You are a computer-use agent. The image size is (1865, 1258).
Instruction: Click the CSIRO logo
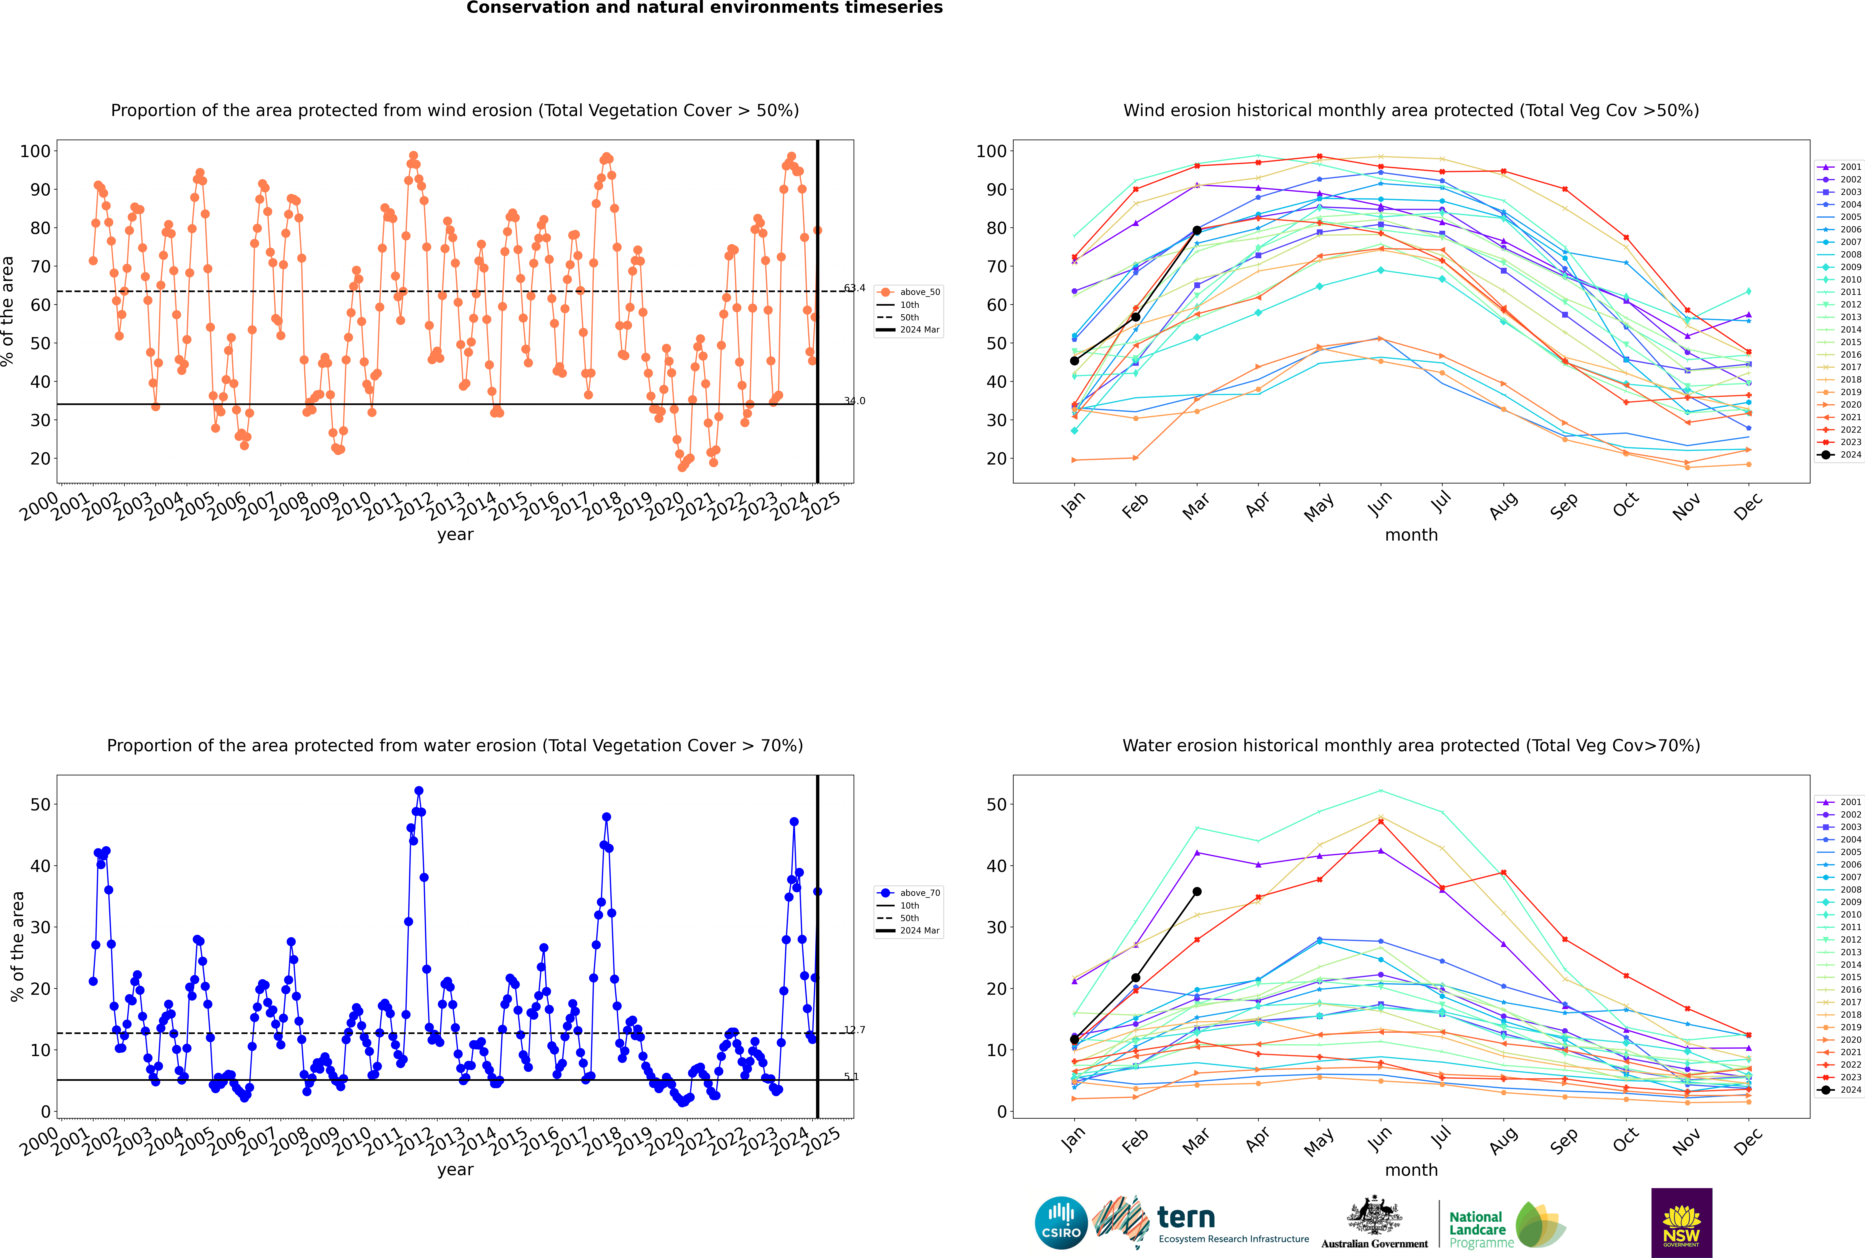tap(1061, 1223)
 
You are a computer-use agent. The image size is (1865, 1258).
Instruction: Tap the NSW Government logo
tap(1681, 1222)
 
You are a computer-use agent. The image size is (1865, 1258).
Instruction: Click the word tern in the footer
tap(1186, 1218)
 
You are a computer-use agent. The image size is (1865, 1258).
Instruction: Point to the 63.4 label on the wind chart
tap(854, 288)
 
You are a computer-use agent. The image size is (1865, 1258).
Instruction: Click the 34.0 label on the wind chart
tap(854, 401)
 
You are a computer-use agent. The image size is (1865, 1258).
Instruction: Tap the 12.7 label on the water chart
tap(854, 1030)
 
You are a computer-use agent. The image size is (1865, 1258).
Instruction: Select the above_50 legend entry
tap(909, 292)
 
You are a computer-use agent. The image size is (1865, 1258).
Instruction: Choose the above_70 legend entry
tap(909, 893)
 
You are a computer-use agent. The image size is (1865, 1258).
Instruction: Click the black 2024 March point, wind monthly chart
tap(1197, 230)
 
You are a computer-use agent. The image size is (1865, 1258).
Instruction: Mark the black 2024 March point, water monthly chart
tap(1197, 891)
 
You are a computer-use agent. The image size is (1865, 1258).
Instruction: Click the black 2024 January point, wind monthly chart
tap(1074, 361)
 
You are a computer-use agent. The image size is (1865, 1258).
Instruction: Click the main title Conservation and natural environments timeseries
tap(705, 8)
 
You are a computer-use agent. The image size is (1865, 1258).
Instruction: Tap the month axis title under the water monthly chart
tap(1411, 1170)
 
